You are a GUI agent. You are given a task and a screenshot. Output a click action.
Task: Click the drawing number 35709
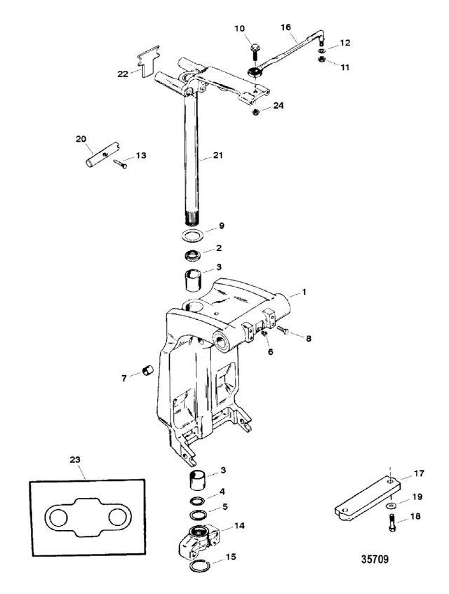pos(376,560)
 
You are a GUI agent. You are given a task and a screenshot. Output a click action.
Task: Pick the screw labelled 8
pos(283,328)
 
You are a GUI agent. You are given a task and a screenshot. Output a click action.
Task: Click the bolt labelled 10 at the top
pos(253,50)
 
